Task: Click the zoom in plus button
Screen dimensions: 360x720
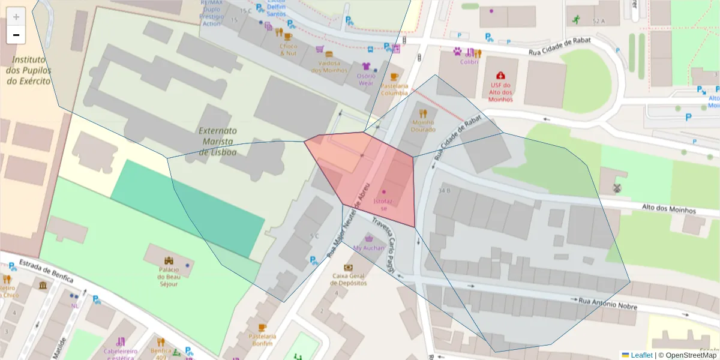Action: click(x=16, y=17)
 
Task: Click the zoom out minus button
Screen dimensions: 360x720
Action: click(x=16, y=35)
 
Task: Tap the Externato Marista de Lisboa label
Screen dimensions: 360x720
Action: click(x=217, y=141)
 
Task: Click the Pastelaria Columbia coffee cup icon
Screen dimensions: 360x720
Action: click(x=394, y=77)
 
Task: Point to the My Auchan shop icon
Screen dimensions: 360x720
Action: click(x=369, y=238)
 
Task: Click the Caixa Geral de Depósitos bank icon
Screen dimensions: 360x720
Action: click(x=348, y=267)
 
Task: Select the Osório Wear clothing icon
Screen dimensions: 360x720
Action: click(x=366, y=66)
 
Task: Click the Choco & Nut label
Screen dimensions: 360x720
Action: click(x=289, y=49)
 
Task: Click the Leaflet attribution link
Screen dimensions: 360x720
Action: click(x=641, y=355)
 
